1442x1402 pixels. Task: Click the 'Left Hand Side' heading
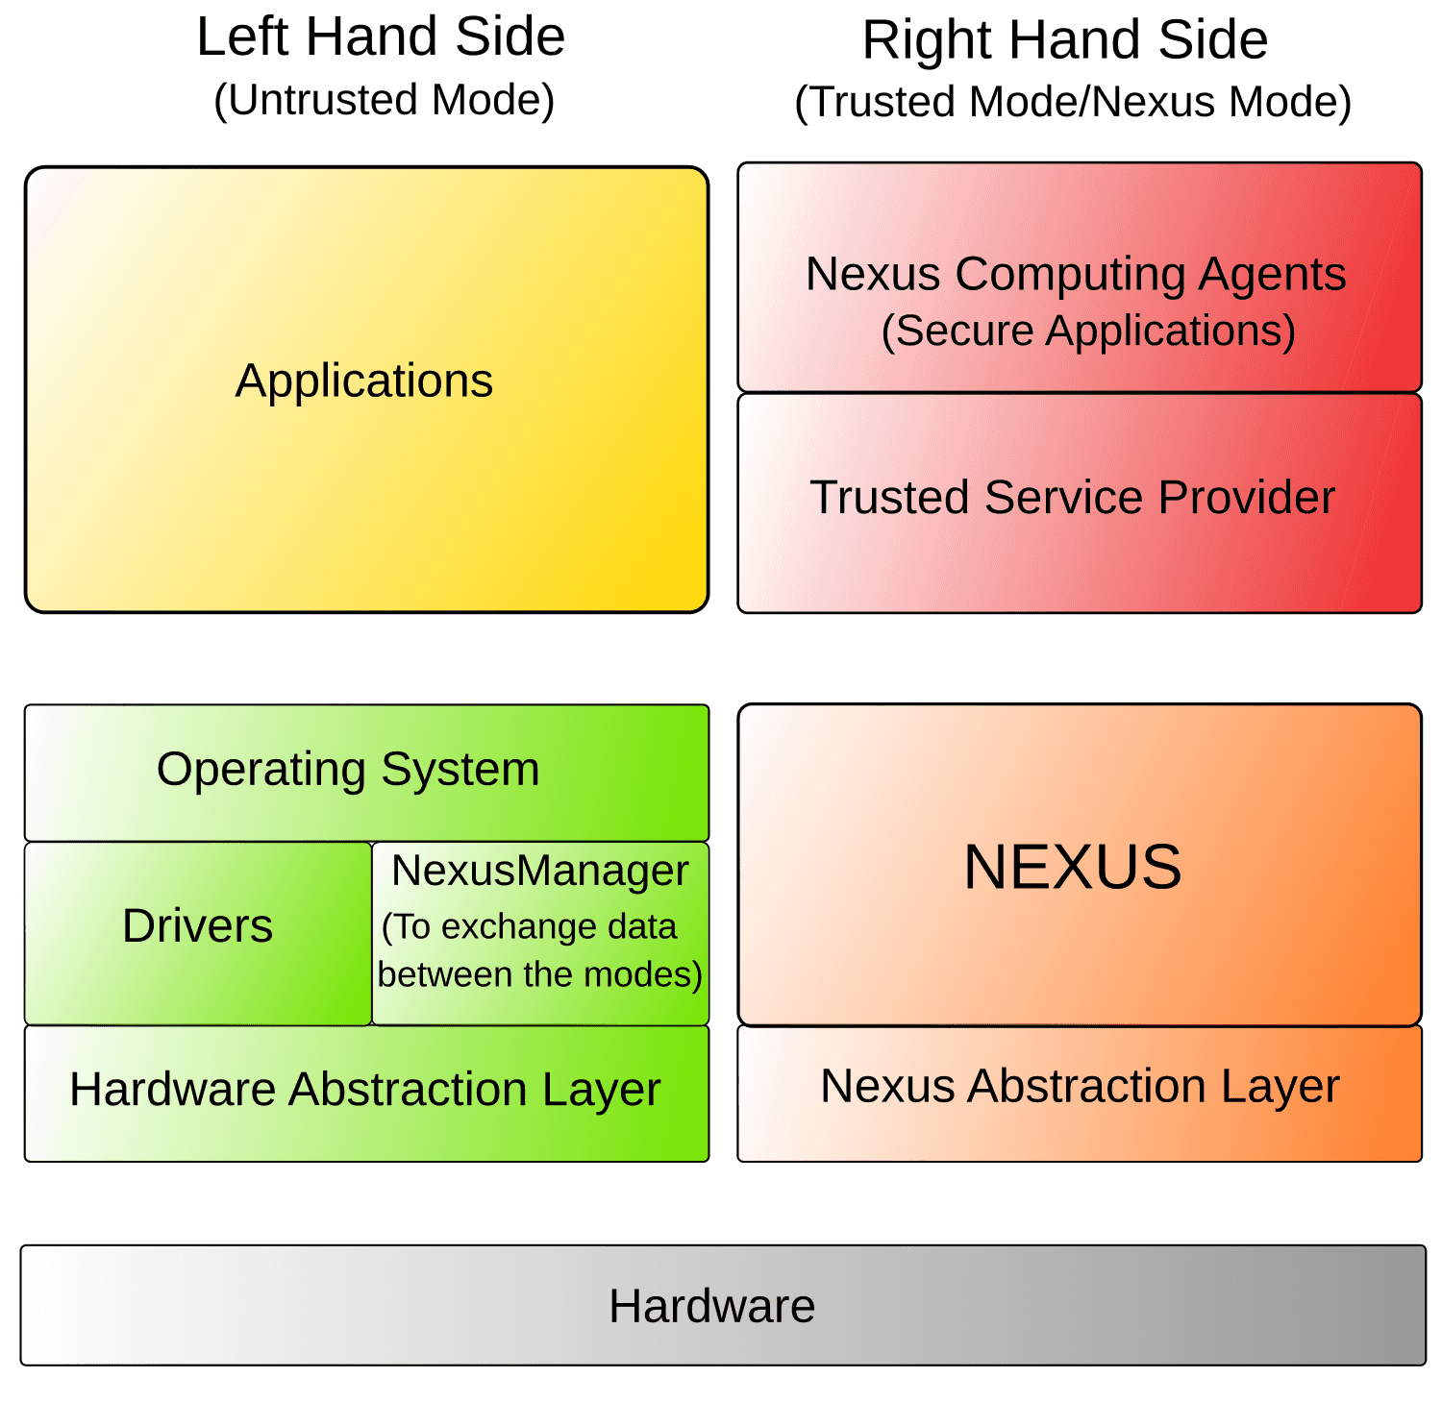[x=381, y=37]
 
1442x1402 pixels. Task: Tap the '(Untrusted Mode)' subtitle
[x=384, y=100]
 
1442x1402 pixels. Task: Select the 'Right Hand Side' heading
[x=1064, y=40]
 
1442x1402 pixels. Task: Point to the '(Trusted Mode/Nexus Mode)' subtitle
[x=1073, y=102]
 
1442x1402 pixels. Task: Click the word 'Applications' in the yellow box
[x=363, y=381]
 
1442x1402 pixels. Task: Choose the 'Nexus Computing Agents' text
[x=1075, y=274]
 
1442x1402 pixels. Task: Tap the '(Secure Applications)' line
[x=1088, y=331]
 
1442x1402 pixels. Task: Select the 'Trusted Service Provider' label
[x=1072, y=498]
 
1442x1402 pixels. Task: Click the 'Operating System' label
[x=347, y=770]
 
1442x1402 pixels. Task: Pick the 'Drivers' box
[x=197, y=926]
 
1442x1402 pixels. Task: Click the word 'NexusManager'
[x=539, y=871]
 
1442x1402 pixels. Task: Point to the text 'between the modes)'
[x=539, y=974]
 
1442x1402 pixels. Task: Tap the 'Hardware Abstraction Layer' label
[x=364, y=1090]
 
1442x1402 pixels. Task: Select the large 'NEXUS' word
[x=1072, y=867]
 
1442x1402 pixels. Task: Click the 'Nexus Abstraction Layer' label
[x=1079, y=1087]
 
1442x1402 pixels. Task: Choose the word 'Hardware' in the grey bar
[x=711, y=1306]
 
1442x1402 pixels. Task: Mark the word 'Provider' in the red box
[x=1246, y=498]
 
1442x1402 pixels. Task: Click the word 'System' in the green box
[x=460, y=770]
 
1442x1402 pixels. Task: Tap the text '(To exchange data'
[x=529, y=926]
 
